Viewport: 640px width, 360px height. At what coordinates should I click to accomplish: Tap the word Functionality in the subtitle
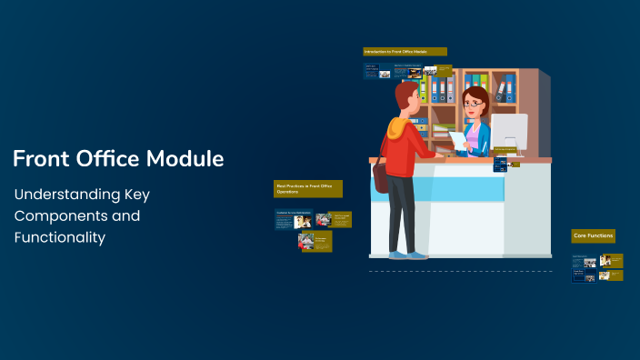pyautogui.click(x=60, y=237)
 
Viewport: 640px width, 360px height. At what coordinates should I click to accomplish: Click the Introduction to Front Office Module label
pyautogui.click(x=405, y=52)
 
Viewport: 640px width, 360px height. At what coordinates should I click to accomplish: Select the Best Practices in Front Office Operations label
pyautogui.click(x=308, y=189)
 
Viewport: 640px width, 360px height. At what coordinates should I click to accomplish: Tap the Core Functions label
pyautogui.click(x=593, y=235)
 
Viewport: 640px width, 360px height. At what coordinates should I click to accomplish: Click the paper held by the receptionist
pyautogui.click(x=457, y=140)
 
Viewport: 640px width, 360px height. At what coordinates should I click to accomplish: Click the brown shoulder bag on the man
pyautogui.click(x=381, y=178)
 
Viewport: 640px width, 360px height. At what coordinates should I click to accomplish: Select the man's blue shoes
pyautogui.click(x=405, y=255)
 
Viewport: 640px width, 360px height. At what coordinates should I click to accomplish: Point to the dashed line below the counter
pyautogui.click(x=460, y=271)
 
